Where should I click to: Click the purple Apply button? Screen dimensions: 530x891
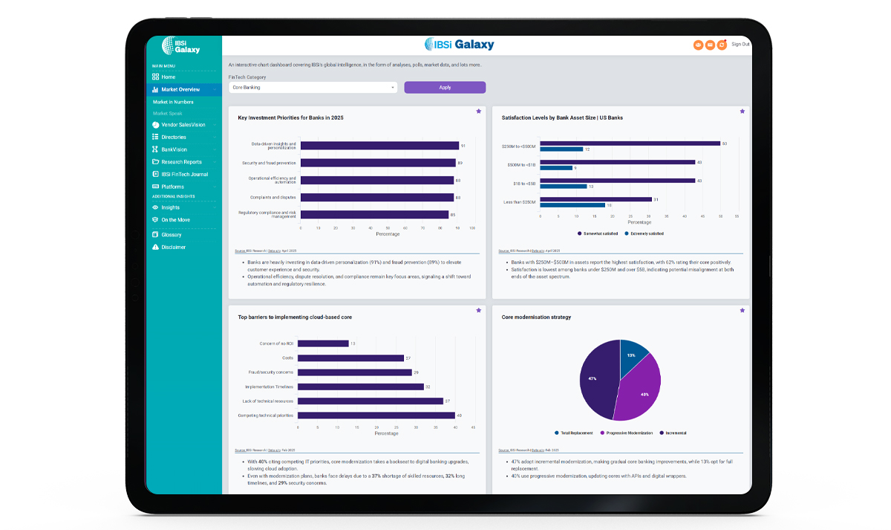445,88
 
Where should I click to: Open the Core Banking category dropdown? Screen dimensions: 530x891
313,88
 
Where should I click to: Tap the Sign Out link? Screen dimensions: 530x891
740,45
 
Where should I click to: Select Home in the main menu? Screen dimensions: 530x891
169,77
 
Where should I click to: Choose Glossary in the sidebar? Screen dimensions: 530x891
171,235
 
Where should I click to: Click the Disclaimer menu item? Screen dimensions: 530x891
173,247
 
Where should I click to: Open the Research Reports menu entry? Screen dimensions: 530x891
181,162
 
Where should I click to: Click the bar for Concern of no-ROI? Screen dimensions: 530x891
323,343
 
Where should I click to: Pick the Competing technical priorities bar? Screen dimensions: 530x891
376,416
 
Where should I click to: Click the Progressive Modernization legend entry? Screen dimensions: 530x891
628,433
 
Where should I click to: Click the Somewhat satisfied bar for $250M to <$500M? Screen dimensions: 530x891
630,143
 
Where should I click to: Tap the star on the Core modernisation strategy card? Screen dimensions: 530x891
742,310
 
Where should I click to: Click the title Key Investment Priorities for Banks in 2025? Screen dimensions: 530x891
290,117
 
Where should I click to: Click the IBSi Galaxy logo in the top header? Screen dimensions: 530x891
459,45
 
